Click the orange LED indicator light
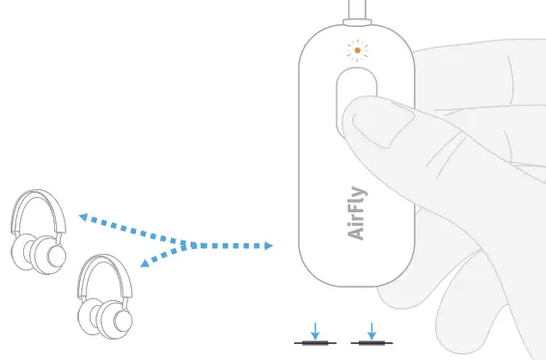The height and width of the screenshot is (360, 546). click(357, 50)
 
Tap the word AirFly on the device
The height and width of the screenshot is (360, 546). click(356, 212)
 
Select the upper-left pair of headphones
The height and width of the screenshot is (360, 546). click(39, 232)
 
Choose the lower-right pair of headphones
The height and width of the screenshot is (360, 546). click(105, 297)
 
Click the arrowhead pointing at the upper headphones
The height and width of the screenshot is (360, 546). click(83, 218)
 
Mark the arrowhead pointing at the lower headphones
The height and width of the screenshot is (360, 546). click(145, 263)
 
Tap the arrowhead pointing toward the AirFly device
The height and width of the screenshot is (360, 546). click(267, 246)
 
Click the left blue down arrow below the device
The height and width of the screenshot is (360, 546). click(314, 330)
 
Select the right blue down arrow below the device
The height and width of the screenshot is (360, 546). click(371, 330)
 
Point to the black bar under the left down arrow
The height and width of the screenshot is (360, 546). click(314, 344)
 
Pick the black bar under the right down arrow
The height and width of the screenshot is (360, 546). click(371, 344)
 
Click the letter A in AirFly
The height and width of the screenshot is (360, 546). click(356, 233)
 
